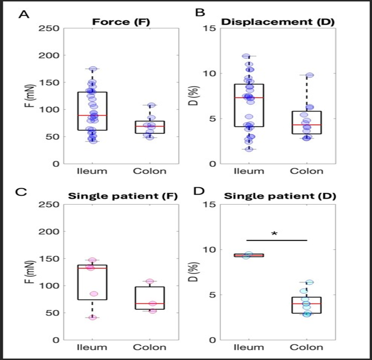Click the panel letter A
click(x=22, y=14)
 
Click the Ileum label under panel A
click(x=92, y=171)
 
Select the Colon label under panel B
click(x=306, y=171)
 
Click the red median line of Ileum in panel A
click(x=92, y=115)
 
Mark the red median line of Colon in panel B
click(x=306, y=125)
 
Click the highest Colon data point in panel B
click(x=309, y=75)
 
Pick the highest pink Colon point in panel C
click(x=150, y=281)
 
